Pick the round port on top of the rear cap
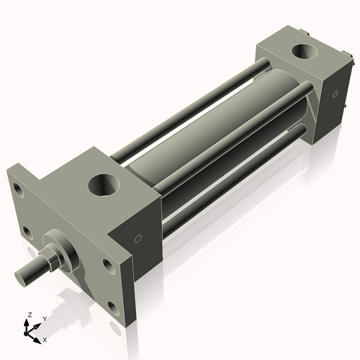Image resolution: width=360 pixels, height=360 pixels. (304, 53)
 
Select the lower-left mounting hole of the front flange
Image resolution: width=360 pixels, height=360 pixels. (27, 232)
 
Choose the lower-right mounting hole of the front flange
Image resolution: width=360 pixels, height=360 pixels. (112, 309)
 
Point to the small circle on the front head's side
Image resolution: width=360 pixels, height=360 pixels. (137, 238)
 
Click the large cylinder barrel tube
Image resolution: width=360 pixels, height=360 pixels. (216, 130)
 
